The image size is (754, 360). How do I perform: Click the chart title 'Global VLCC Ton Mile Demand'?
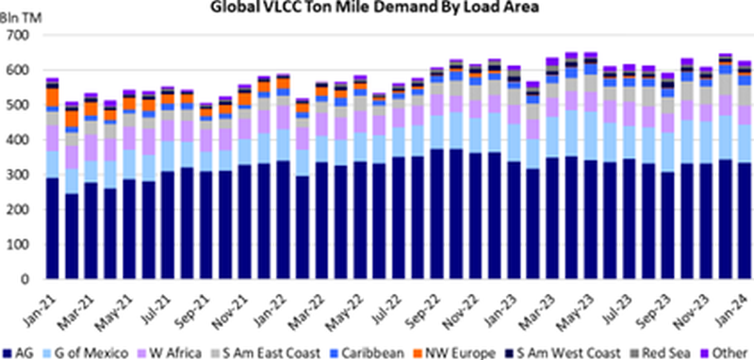click(x=376, y=9)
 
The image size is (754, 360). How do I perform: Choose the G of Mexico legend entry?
click(x=100, y=351)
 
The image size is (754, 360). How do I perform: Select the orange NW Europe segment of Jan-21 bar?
click(x=53, y=97)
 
